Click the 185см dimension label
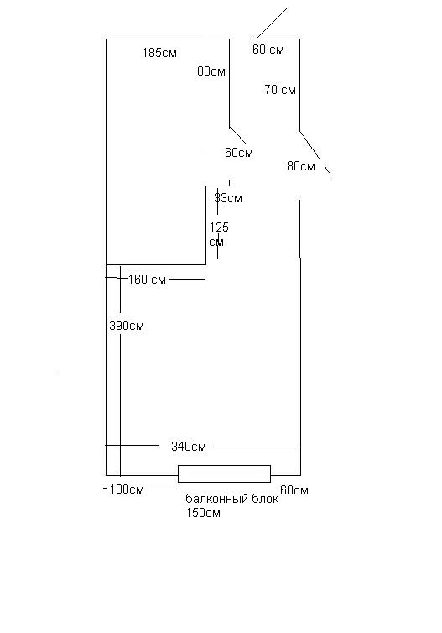point(159,53)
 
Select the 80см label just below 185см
point(211,71)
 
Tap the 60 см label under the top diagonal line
point(268,50)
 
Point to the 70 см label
point(280,90)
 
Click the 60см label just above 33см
point(239,153)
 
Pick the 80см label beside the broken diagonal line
point(301,166)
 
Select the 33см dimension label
point(228,198)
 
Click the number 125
point(219,228)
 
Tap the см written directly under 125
point(216,243)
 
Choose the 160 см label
point(148,280)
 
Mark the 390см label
point(127,326)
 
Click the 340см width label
point(189,447)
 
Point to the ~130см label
point(123,489)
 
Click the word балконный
point(217,499)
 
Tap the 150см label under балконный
point(203,514)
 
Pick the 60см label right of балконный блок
point(294,490)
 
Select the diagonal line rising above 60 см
point(272,23)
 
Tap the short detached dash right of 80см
point(328,170)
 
